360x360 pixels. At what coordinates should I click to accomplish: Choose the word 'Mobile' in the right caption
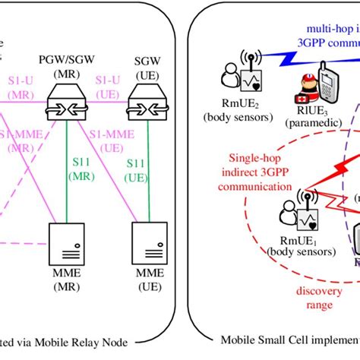pos(242,342)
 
